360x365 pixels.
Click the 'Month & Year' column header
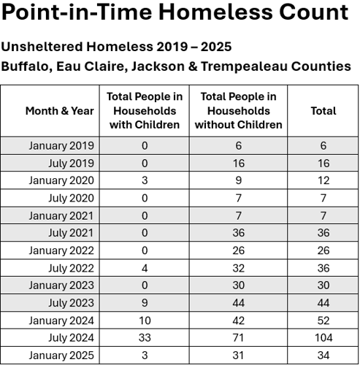tap(59, 111)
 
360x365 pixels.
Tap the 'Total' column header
tap(323, 111)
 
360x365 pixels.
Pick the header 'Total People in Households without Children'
tap(238, 111)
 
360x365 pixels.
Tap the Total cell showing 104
tap(323, 338)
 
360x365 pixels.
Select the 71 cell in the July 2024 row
tap(238, 338)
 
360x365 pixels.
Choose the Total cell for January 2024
tap(323, 320)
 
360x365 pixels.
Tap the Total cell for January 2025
tap(323, 356)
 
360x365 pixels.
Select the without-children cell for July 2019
tap(238, 163)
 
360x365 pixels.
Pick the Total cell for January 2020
tap(323, 180)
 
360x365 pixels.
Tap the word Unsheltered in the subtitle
tap(42, 47)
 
